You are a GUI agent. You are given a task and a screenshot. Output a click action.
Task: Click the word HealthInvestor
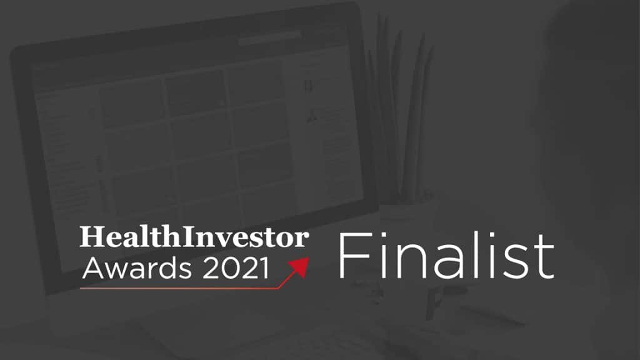[x=194, y=238]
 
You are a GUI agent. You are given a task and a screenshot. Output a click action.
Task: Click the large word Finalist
[x=446, y=257]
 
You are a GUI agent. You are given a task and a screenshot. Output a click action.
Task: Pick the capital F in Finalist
[x=352, y=257]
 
